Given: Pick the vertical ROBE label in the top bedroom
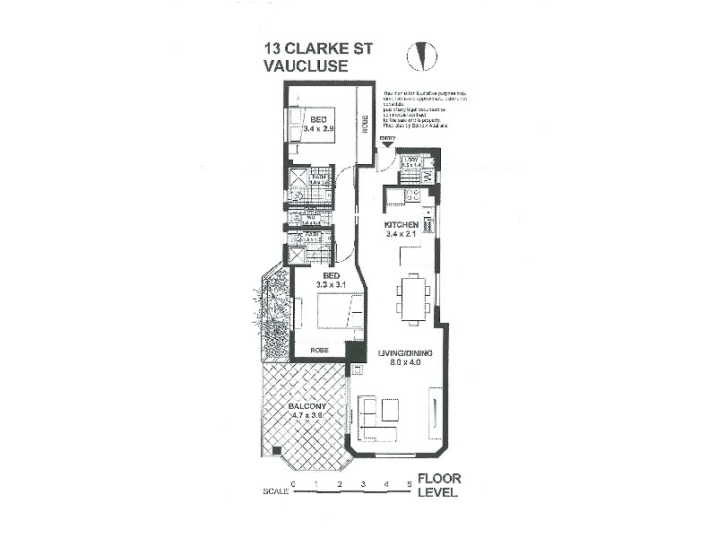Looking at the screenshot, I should pos(365,123).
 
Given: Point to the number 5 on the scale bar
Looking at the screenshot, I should pos(410,484).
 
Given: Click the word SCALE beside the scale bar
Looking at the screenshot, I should pos(275,492).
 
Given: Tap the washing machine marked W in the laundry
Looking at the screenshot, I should pos(428,177).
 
